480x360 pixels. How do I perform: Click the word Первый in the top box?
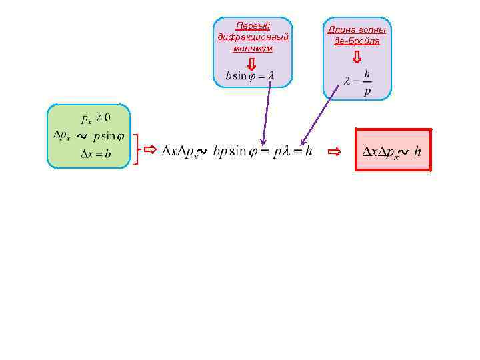pyautogui.click(x=253, y=26)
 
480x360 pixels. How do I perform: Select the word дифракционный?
pyautogui.click(x=253, y=37)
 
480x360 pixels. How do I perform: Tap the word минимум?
pyautogui.click(x=253, y=48)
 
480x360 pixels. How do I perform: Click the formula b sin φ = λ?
pyautogui.click(x=250, y=76)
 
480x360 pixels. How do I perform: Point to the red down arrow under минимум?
pyautogui.click(x=251, y=63)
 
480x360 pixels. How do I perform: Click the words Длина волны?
pyautogui.click(x=357, y=30)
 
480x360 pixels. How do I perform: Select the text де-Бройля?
pyautogui.click(x=357, y=41)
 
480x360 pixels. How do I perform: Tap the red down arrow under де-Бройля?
pyautogui.click(x=357, y=57)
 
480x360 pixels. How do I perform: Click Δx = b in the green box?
pyautogui.click(x=95, y=154)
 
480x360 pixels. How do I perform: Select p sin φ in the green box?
pyautogui.click(x=108, y=137)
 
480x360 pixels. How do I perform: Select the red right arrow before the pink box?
pyautogui.click(x=335, y=151)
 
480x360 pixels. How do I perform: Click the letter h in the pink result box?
pyautogui.click(x=417, y=152)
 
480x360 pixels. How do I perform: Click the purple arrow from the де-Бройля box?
pyautogui.click(x=318, y=117)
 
